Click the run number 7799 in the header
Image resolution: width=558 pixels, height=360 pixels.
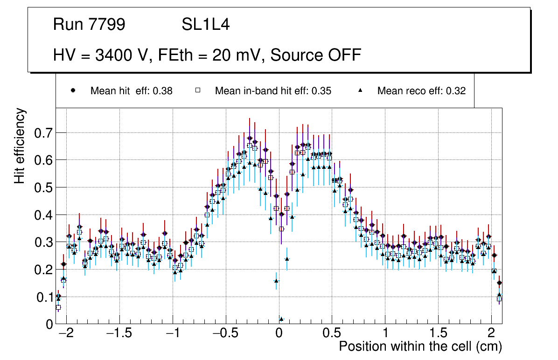[108, 25]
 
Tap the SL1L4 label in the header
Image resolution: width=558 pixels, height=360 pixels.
[205, 25]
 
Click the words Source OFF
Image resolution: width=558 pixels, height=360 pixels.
[316, 55]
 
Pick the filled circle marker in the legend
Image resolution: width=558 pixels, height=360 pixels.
[73, 90]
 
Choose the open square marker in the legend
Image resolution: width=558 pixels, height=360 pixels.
[197, 90]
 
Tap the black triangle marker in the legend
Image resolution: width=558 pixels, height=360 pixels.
[360, 90]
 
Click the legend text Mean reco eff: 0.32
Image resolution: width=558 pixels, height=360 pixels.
[421, 91]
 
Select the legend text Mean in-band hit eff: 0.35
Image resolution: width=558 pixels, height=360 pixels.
[273, 91]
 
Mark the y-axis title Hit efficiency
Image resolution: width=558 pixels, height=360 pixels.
[20, 145]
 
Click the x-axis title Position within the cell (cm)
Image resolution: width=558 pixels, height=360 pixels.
[420, 347]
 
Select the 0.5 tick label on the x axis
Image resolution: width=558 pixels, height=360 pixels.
[332, 334]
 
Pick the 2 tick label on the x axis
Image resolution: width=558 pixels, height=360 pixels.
[491, 334]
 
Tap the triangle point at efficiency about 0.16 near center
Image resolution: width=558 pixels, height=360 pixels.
[276, 281]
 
